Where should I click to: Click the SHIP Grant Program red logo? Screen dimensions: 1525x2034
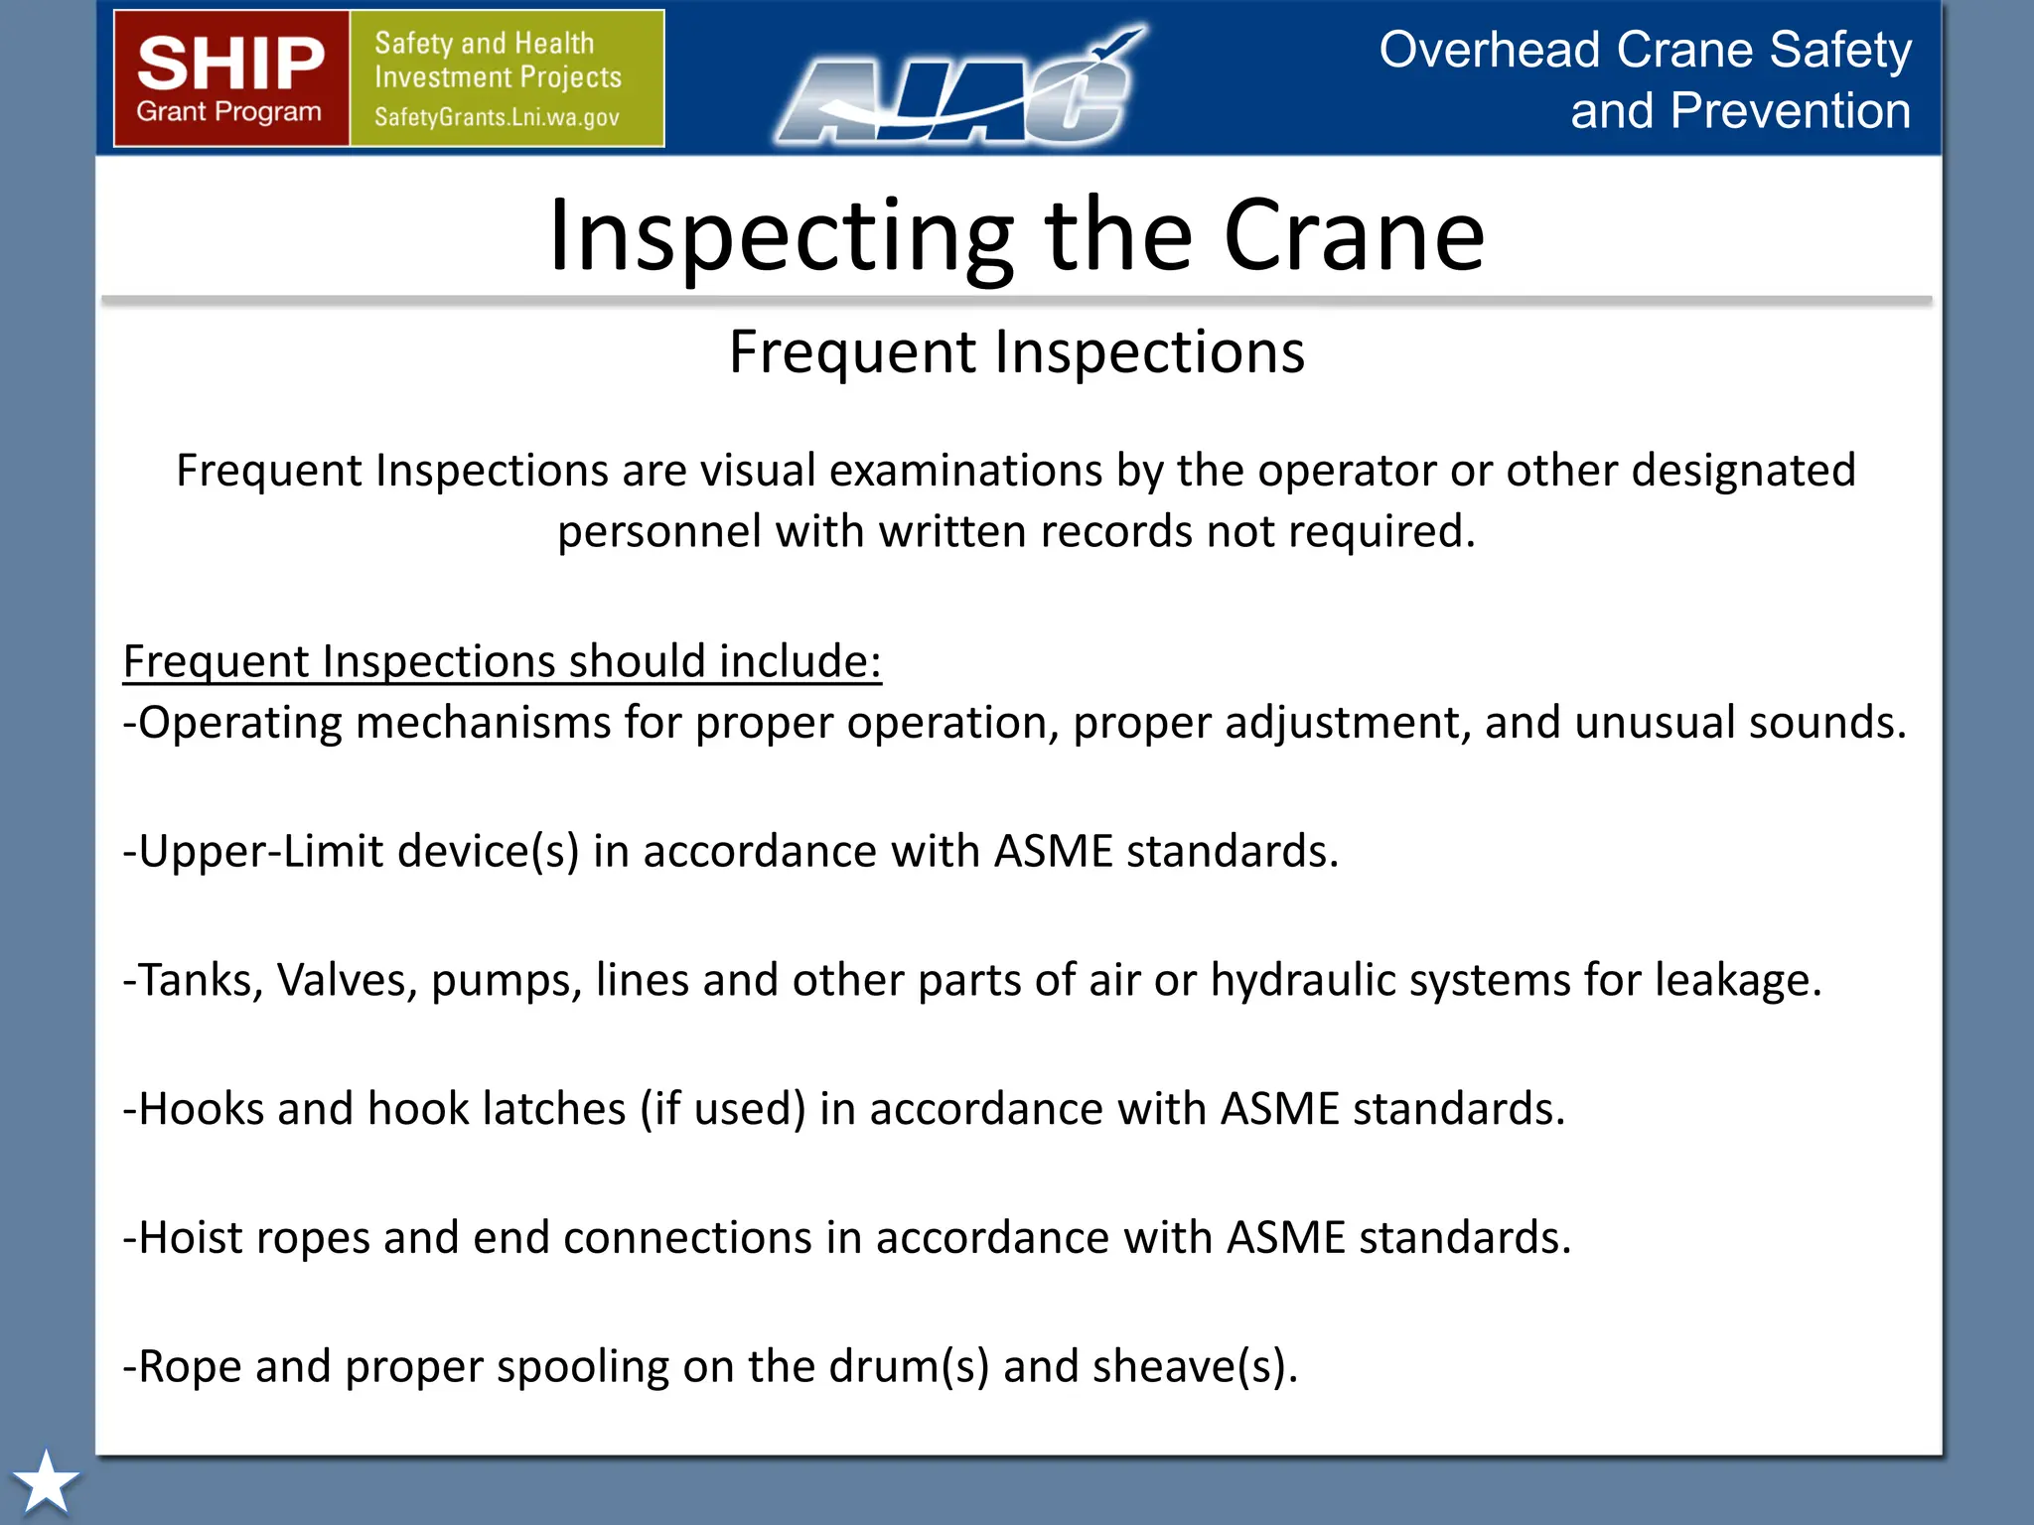tap(231, 78)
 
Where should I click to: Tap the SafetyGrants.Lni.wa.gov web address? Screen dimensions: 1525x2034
tap(497, 117)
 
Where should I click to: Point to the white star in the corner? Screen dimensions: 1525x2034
tap(46, 1482)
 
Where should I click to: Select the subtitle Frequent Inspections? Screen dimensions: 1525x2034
tap(1016, 351)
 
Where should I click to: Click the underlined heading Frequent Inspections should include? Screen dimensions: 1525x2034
tap(502, 661)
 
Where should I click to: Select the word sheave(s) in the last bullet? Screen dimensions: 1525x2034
tap(1194, 1366)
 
